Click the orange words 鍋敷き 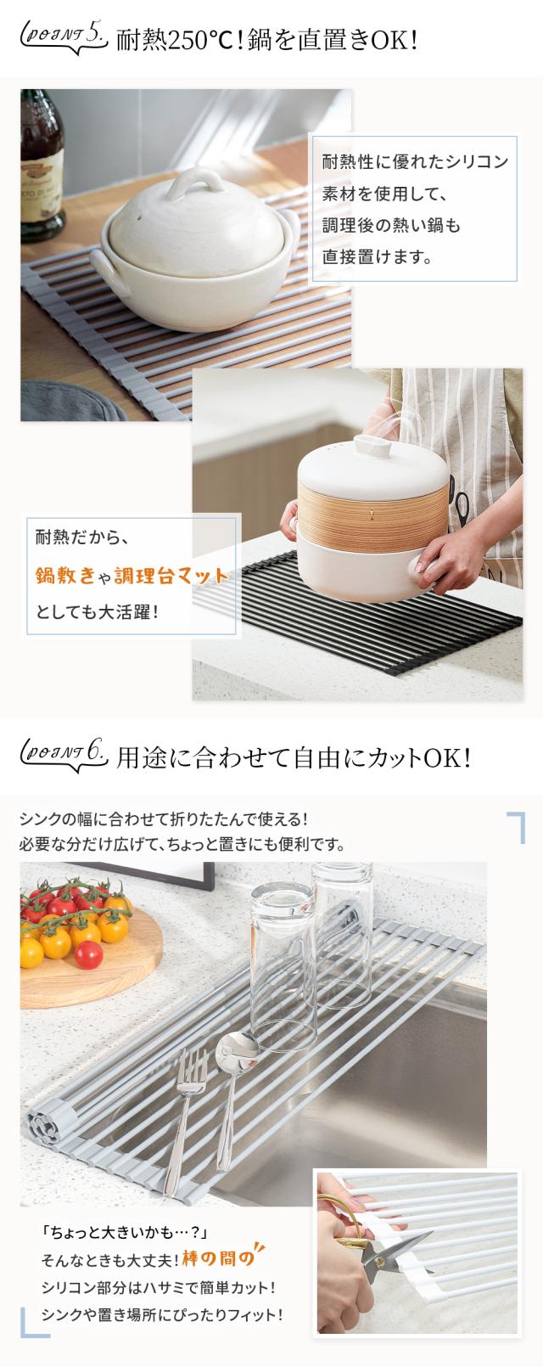pyautogui.click(x=66, y=575)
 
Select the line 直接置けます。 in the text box pyautogui.click(x=378, y=254)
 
